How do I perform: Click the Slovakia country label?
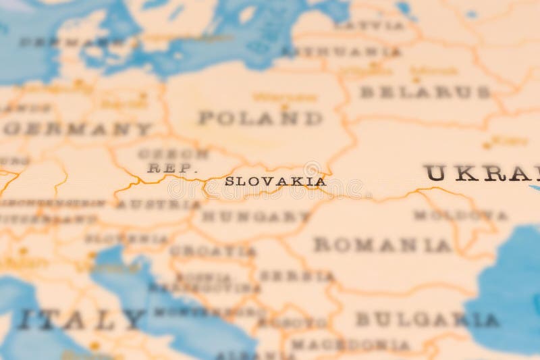click(275, 181)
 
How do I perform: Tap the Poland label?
click(261, 118)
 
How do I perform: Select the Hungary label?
click(256, 217)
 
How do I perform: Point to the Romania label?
click(382, 245)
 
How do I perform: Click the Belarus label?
click(425, 92)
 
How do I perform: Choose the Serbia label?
click(297, 276)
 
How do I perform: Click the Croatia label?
click(213, 251)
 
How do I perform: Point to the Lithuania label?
click(341, 51)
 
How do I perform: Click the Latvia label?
click(370, 25)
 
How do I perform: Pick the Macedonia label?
click(350, 344)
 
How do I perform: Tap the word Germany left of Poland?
click(78, 128)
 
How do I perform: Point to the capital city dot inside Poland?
click(284, 107)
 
